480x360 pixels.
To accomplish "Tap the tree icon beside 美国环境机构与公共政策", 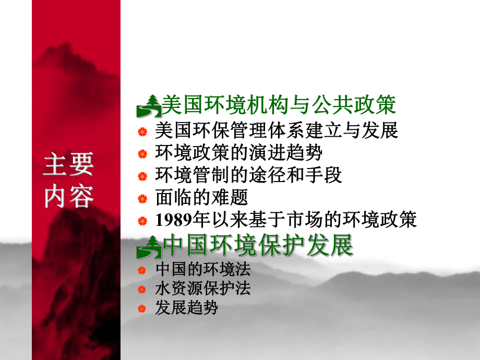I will (x=149, y=107).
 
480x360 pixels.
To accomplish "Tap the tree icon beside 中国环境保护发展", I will (x=149, y=247).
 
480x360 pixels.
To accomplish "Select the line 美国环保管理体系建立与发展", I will (x=277, y=130).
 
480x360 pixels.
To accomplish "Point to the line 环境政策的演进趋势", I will (x=238, y=153).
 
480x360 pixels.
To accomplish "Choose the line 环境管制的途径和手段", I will (x=248, y=175).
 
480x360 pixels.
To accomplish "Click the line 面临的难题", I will (x=201, y=198).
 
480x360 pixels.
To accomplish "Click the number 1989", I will (x=173, y=220).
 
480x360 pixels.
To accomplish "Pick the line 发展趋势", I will (x=186, y=308).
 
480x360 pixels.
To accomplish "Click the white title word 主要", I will (x=68, y=165).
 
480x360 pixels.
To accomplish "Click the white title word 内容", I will (x=68, y=196).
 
